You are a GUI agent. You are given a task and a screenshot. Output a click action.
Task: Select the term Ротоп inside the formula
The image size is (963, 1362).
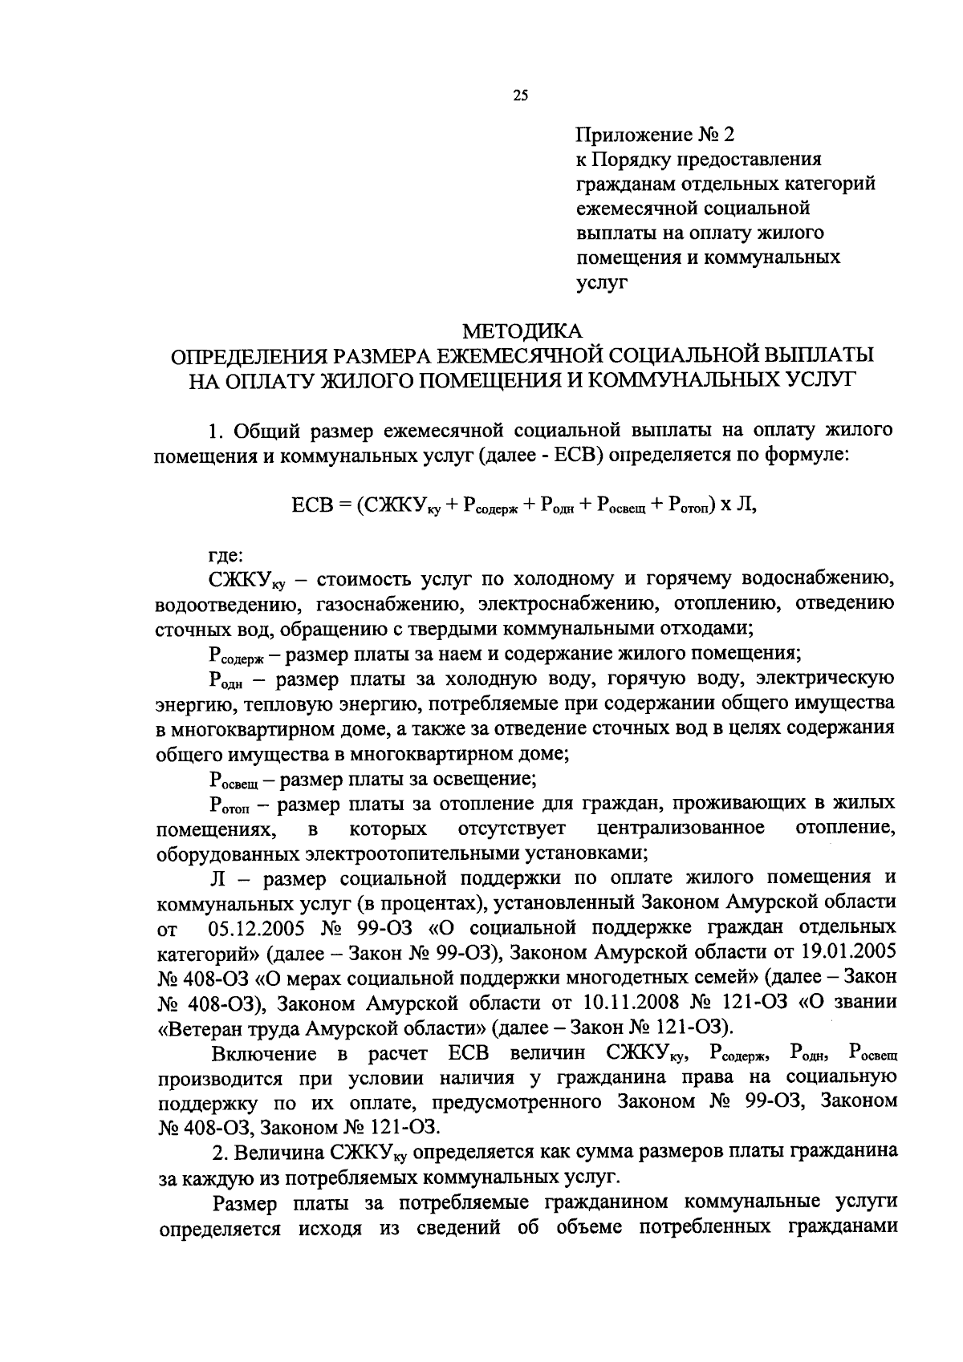click(691, 508)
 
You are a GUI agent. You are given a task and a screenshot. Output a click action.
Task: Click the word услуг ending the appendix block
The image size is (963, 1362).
click(601, 282)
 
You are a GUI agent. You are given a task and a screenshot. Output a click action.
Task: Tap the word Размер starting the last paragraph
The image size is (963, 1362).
click(245, 1204)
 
